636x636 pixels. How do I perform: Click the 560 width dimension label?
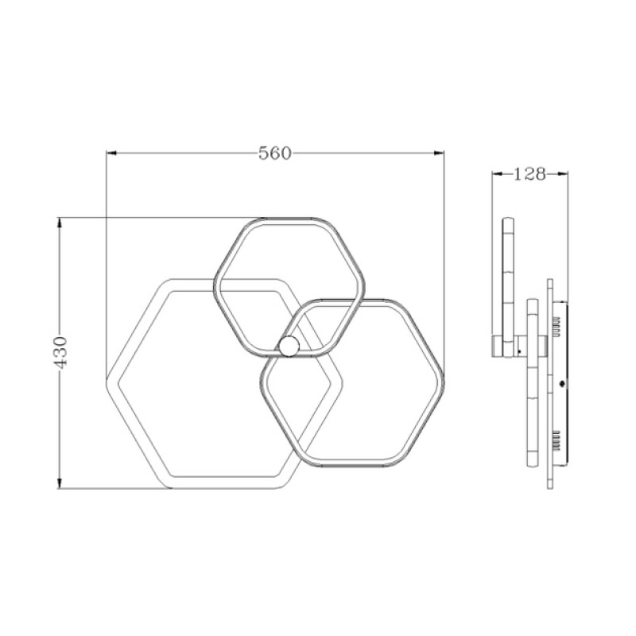(276, 153)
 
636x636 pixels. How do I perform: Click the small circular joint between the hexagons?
(290, 346)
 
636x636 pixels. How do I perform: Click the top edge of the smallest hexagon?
(290, 219)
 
